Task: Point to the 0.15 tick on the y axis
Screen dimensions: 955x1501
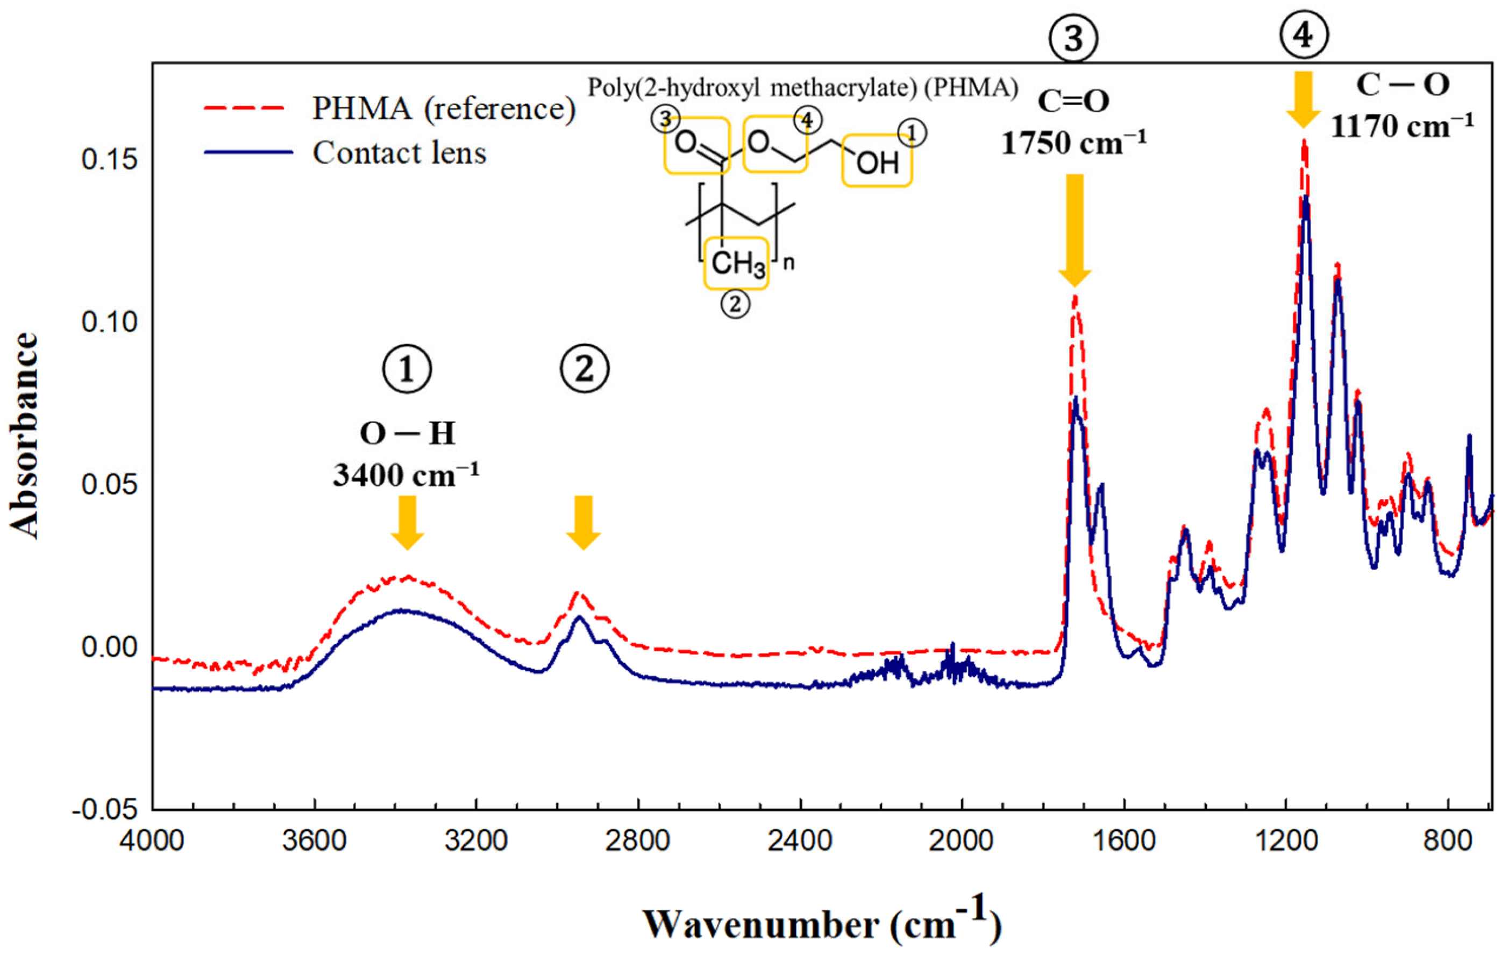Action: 109,160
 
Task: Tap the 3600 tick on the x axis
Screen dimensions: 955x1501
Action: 314,841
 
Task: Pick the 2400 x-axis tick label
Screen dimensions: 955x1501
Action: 800,841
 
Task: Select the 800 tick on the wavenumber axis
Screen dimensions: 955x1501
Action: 1448,841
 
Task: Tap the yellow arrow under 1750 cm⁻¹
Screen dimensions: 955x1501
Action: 1075,230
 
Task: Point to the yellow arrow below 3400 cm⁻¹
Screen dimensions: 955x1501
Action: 407,522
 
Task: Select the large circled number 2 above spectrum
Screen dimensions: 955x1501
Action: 584,369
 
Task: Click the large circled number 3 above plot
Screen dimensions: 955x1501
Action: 1073,39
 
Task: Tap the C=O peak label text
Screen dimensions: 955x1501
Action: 1073,101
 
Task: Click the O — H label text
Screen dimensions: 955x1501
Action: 407,433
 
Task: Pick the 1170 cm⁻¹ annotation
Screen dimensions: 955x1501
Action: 1402,127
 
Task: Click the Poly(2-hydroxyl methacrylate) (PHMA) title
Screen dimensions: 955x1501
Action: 802,88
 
